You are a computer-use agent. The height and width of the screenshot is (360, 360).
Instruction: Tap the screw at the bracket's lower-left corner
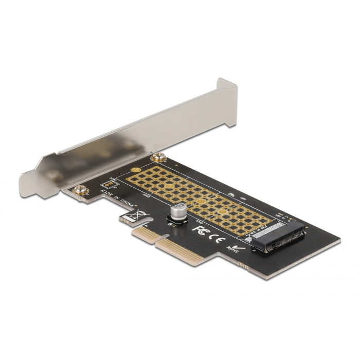tap(79, 191)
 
